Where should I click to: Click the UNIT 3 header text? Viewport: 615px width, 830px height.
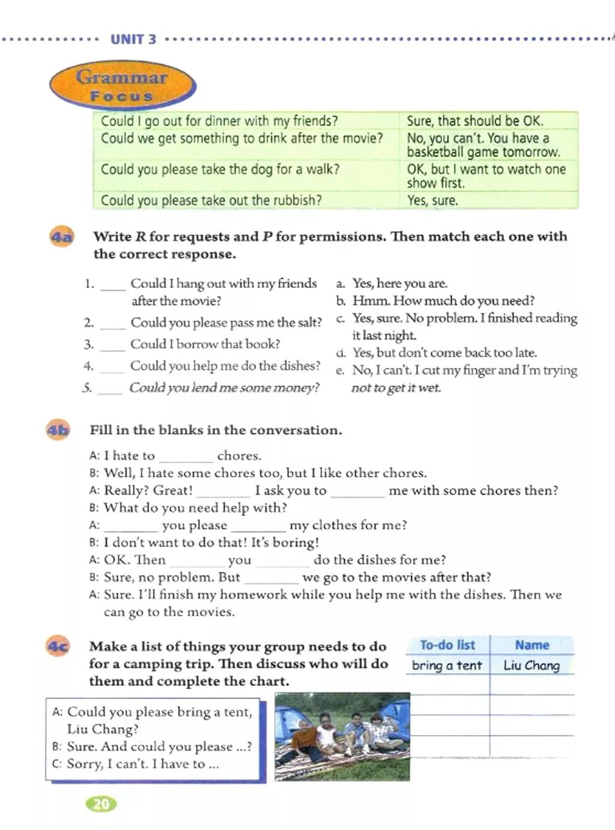133,40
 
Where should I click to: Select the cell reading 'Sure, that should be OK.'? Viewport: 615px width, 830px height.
474,121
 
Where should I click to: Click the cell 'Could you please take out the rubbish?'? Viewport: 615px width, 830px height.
211,200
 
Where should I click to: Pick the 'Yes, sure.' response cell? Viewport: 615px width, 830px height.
432,200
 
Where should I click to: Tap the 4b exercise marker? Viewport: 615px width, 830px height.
58,430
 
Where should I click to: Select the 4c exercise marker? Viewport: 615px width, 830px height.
58,647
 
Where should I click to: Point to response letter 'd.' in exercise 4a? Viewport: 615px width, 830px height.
341,353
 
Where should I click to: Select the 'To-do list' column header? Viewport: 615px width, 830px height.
447,645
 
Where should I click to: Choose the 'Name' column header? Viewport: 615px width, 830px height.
532,645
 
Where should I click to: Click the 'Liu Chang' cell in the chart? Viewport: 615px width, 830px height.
532,665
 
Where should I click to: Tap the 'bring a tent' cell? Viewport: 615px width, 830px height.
447,665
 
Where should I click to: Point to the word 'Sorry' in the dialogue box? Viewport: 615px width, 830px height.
83,764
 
